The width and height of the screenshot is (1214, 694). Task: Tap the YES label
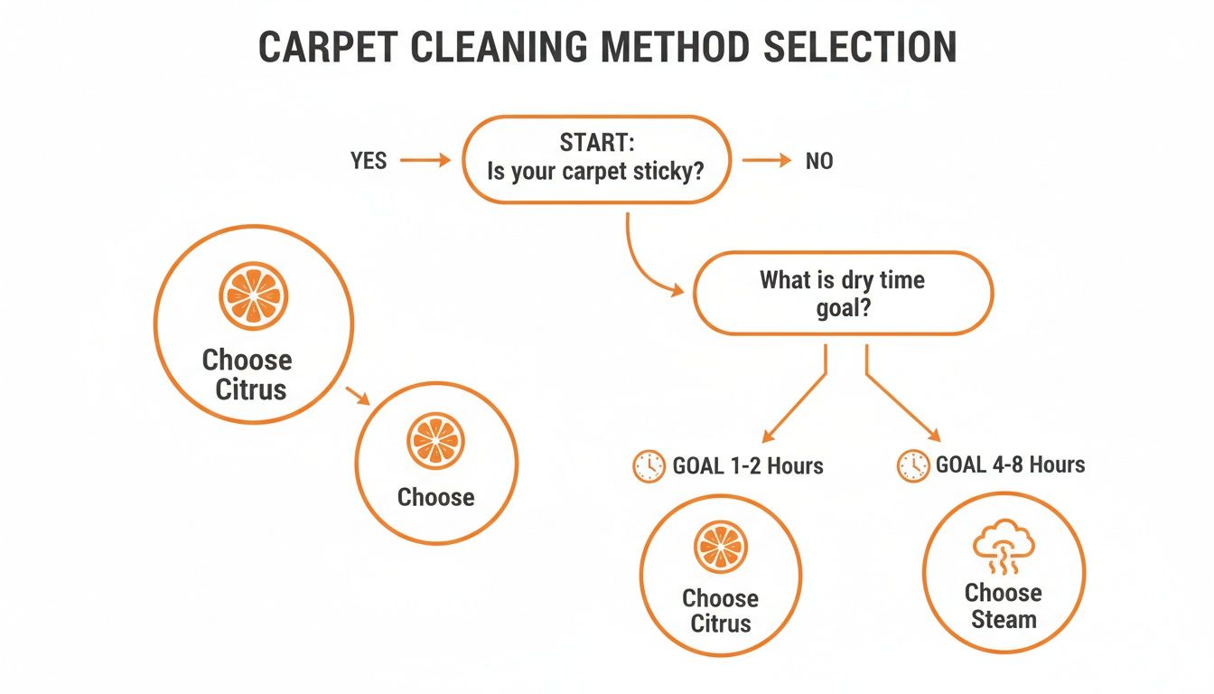pyautogui.click(x=368, y=161)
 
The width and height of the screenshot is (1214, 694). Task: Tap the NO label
pyautogui.click(x=819, y=161)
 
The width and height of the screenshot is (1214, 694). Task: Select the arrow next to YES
pyautogui.click(x=425, y=161)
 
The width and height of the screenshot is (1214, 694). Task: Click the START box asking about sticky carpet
pyautogui.click(x=596, y=159)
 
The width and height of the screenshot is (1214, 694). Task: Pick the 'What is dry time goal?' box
pyautogui.click(x=842, y=293)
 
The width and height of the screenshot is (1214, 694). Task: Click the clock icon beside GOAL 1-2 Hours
pyautogui.click(x=649, y=466)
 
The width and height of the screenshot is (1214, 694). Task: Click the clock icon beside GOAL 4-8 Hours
pyautogui.click(x=913, y=465)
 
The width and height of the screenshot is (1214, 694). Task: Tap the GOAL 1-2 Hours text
pyautogui.click(x=748, y=466)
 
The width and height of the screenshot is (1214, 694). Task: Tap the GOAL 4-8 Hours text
pyautogui.click(x=1010, y=465)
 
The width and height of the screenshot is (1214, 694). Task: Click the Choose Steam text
pyautogui.click(x=1003, y=606)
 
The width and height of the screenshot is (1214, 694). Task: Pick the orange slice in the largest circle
pyautogui.click(x=253, y=295)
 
